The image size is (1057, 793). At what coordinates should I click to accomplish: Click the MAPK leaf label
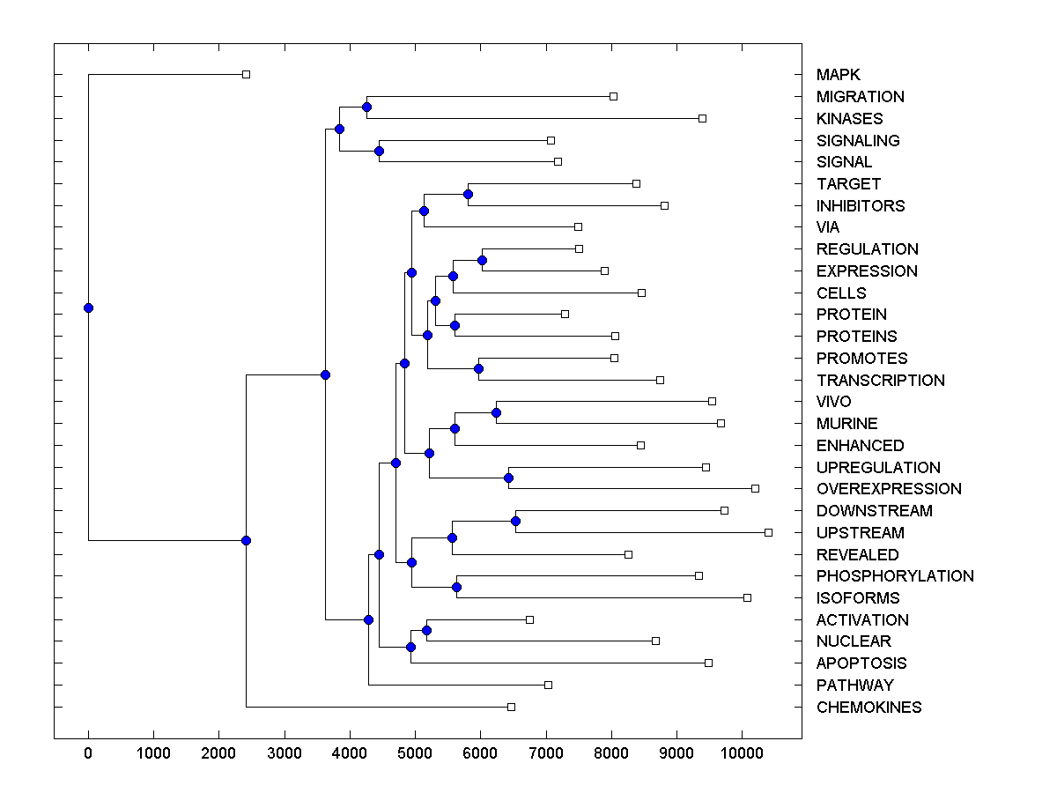point(838,75)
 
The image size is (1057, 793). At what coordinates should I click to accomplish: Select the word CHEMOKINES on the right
point(869,708)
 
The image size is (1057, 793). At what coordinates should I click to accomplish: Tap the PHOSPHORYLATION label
point(895,576)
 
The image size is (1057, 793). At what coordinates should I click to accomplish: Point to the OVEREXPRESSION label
point(889,489)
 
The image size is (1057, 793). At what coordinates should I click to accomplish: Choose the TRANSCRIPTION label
point(880,381)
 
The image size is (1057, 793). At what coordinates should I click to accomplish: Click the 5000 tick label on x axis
point(415,752)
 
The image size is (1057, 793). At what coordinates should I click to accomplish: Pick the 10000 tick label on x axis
point(742,752)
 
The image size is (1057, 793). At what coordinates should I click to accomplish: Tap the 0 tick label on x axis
point(88,752)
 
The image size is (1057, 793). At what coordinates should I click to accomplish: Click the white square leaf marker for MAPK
point(247,74)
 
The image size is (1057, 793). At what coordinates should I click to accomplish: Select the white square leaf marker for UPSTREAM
point(768,532)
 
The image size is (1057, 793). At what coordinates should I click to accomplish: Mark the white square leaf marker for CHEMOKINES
point(511,707)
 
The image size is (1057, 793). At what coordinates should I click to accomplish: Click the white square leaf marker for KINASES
point(702,118)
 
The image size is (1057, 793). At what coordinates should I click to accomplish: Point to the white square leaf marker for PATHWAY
point(548,685)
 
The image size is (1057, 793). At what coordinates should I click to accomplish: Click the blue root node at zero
point(88,308)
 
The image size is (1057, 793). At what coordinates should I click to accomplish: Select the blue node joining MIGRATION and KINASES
point(366,107)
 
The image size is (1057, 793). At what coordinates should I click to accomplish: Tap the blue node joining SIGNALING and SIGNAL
point(379,151)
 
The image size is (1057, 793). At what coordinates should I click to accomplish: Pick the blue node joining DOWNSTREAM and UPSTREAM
point(515,521)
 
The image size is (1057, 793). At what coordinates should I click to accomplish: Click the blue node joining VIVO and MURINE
point(496,412)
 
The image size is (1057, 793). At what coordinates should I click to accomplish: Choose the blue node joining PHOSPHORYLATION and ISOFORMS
point(456,587)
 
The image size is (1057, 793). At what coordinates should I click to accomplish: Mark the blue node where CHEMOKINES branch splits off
point(246,540)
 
